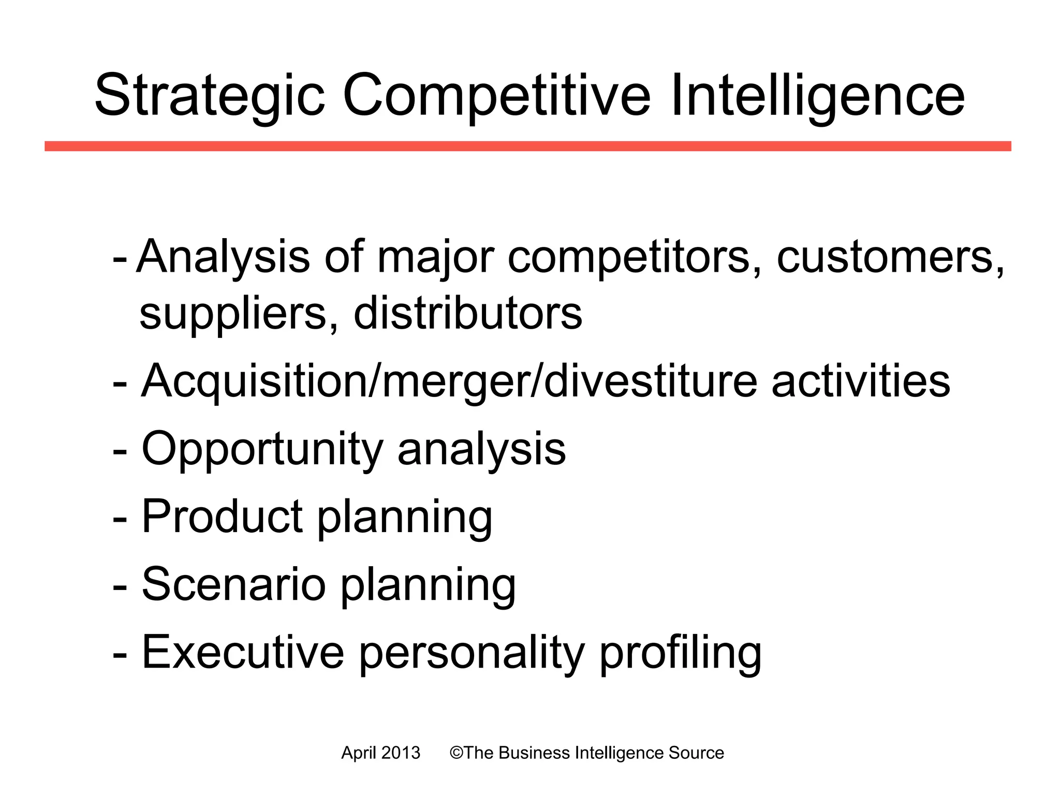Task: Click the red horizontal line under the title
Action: click(x=528, y=146)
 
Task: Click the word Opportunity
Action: click(x=262, y=449)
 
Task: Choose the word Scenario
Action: click(x=233, y=584)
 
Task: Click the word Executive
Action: click(x=243, y=652)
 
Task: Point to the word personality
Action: click(x=472, y=653)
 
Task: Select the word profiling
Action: click(x=680, y=653)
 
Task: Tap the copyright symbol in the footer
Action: click(x=456, y=753)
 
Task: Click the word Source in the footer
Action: click(x=696, y=753)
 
